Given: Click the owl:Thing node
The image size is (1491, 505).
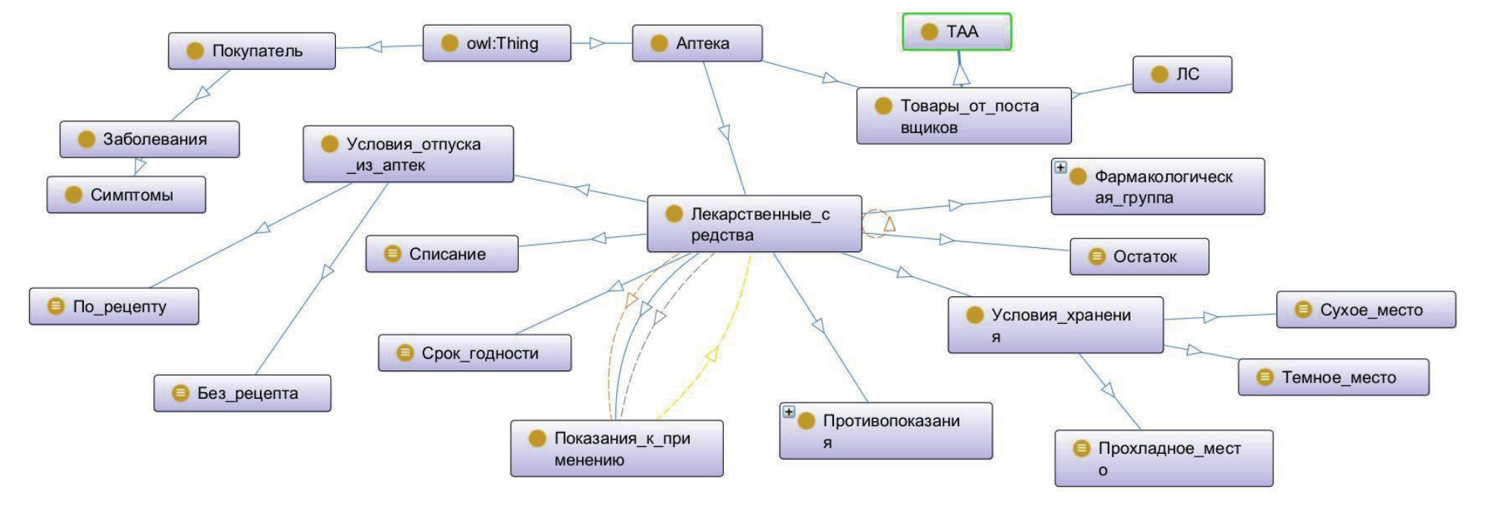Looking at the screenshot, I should [497, 43].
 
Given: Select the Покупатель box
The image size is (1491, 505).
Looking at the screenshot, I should [251, 50].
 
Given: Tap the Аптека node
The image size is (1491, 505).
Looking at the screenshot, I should [696, 43].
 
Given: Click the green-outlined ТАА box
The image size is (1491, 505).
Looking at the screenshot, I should [957, 32].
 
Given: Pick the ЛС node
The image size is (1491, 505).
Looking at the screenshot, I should [1182, 74].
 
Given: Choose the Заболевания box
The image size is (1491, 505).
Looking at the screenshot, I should [149, 139].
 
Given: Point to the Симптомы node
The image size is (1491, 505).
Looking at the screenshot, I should [126, 195].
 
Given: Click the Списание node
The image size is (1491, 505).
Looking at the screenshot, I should [442, 254].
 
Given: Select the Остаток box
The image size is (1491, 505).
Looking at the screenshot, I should [1139, 256].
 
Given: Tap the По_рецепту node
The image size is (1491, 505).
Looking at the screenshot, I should [114, 306].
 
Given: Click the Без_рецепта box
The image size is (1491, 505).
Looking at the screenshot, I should [242, 393].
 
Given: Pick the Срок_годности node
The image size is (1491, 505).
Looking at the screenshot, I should [474, 353].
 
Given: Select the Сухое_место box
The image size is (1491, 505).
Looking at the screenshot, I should [1365, 310].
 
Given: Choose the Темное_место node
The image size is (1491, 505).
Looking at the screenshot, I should [1333, 377].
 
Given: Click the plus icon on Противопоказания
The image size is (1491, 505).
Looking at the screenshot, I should [789, 411].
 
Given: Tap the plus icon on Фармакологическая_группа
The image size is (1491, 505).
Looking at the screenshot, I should [1061, 167].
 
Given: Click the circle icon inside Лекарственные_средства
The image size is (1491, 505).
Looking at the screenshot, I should [674, 214].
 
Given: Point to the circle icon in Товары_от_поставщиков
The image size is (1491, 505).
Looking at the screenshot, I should [883, 106].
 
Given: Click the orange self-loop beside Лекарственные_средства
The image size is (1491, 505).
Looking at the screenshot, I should [877, 223].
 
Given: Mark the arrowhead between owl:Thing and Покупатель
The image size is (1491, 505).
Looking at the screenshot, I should [375, 47].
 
